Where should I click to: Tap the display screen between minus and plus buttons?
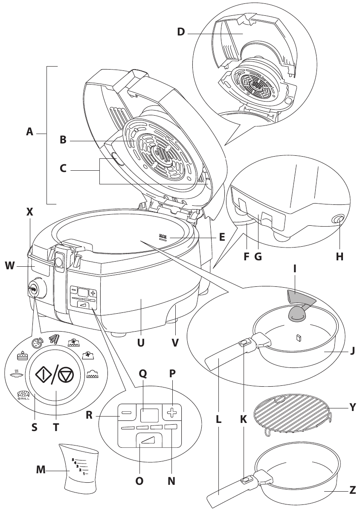(149, 414)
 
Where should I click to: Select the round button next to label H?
(338, 219)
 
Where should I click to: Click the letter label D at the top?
(181, 32)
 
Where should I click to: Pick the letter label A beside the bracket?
(29, 133)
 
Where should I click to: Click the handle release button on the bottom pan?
(246, 481)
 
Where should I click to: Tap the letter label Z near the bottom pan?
(352, 490)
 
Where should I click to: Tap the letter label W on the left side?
(10, 266)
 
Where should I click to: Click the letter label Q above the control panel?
(143, 373)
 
